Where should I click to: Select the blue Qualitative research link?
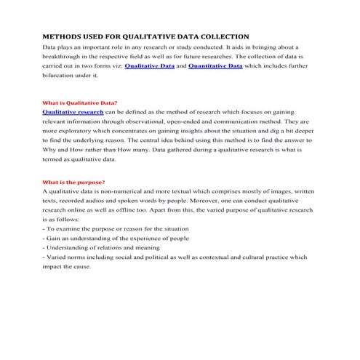[73, 113]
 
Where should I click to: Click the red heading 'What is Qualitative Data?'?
[80, 103]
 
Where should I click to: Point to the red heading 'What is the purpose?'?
[74, 180]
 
